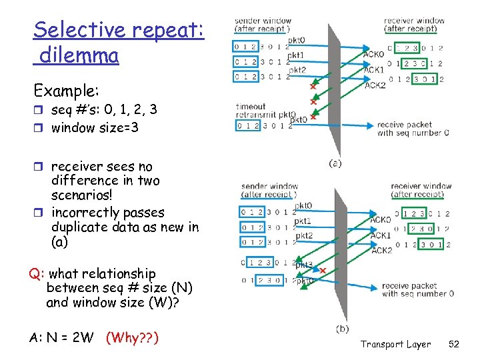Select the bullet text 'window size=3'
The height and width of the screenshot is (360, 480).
[95, 127]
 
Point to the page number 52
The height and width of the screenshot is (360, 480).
[455, 344]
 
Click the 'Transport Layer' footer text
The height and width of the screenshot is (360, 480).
[395, 344]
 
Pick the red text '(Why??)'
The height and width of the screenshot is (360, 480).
[132, 337]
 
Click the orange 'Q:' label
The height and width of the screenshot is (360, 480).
[37, 274]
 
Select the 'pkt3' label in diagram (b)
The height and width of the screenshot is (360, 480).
[304, 265]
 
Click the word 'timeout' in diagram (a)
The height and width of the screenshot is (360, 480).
[251, 107]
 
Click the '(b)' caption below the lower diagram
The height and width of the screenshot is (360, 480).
[342, 329]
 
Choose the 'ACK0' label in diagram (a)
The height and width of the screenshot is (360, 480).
[373, 55]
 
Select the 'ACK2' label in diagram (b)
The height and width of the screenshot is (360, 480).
[381, 250]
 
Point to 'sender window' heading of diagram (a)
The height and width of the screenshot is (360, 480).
[263, 21]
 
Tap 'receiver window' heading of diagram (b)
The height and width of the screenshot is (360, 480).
[421, 186]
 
